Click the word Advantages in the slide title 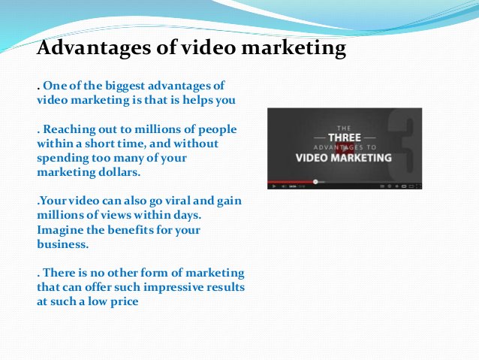pos(94,49)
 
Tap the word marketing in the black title pos(294,49)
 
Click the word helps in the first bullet pos(197,100)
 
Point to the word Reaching pos(70,130)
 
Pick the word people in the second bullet pos(217,130)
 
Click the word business pos(62,244)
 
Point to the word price pos(124,302)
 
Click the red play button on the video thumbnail pos(345,148)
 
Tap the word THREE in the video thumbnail pos(345,138)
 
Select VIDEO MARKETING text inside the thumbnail pos(344,158)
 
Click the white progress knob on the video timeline pos(315,182)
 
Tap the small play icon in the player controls pos(274,186)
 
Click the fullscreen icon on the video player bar pos(418,186)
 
